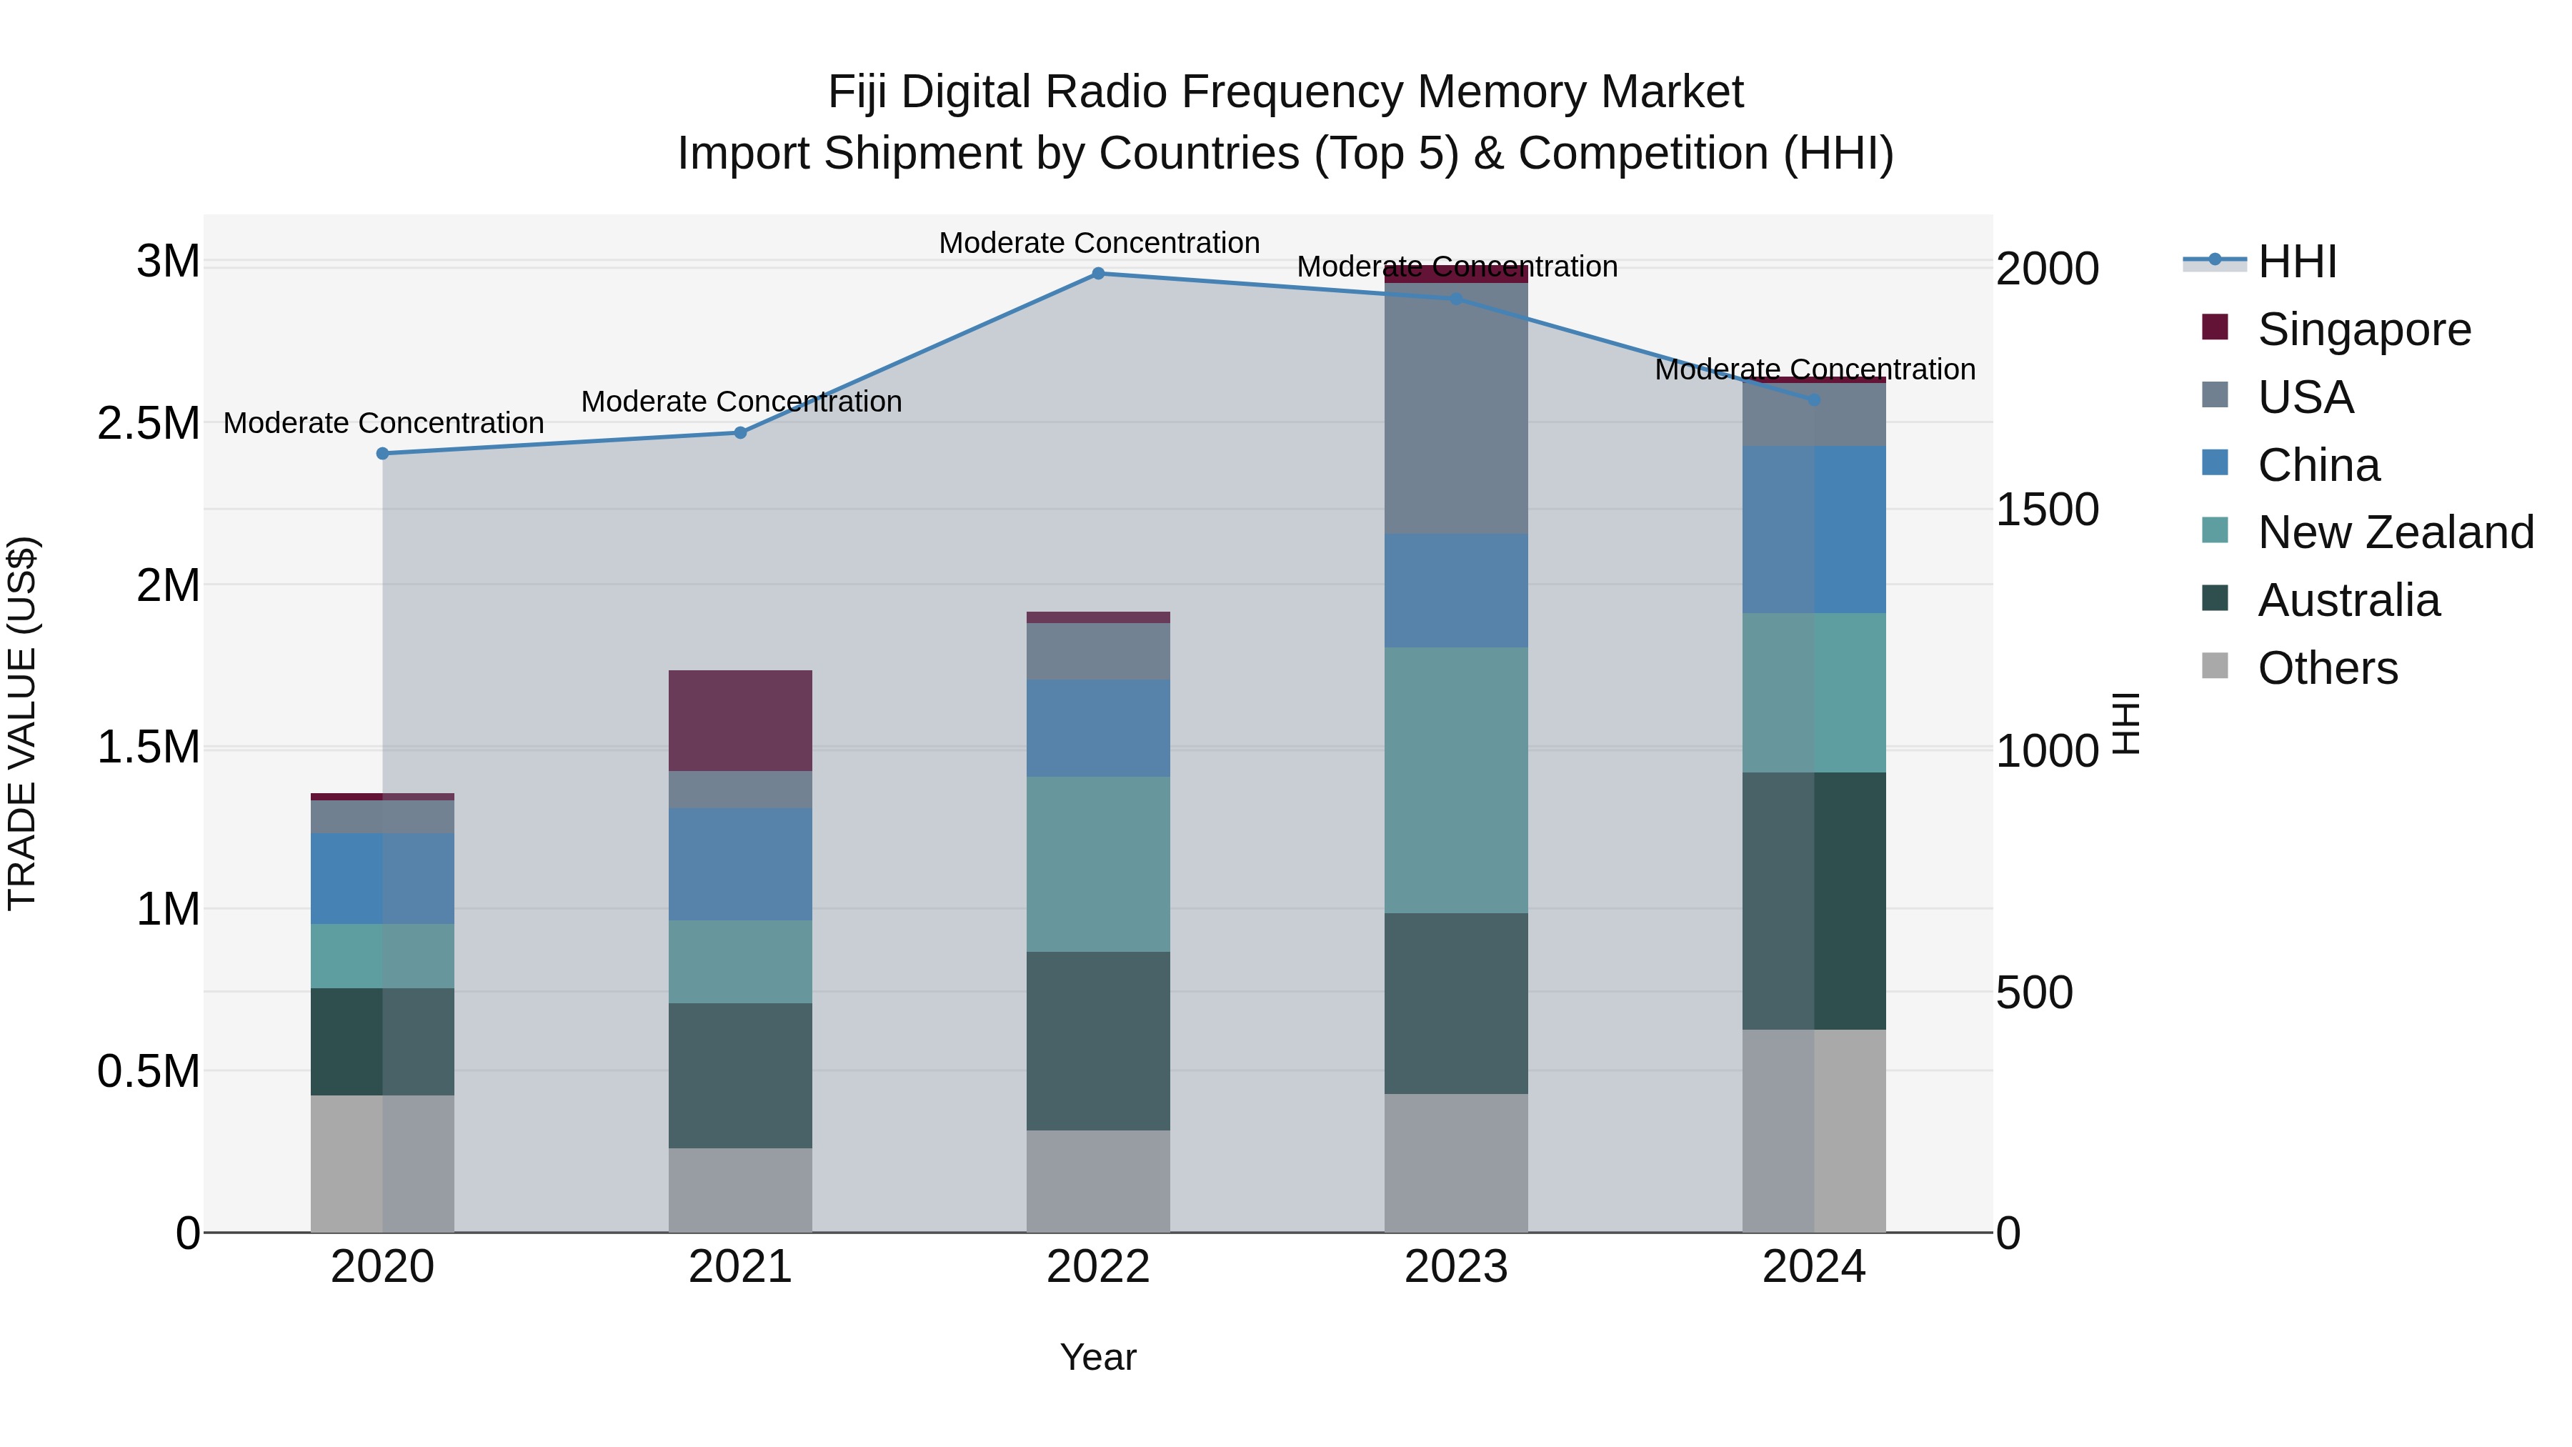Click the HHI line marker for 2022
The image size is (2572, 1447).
pos(1098,273)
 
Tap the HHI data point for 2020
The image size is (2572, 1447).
pos(382,453)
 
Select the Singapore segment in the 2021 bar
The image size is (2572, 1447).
pos(740,720)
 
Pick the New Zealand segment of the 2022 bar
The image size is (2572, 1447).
pos(1098,864)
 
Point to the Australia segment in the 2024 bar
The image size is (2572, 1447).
pos(1814,901)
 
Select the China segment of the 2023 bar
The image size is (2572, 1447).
pos(1456,590)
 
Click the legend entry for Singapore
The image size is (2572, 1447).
pos(2364,329)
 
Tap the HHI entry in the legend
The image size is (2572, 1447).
pos(2296,262)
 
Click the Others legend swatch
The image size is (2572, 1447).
pos(2215,667)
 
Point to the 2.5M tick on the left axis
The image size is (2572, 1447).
pos(149,424)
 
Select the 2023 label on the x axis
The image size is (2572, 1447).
pos(1456,1267)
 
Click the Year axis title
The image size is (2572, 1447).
pos(1098,1357)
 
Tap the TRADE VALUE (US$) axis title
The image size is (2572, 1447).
pos(22,723)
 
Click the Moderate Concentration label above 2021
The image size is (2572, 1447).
pos(741,402)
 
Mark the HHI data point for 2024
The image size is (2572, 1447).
pos(1814,399)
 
